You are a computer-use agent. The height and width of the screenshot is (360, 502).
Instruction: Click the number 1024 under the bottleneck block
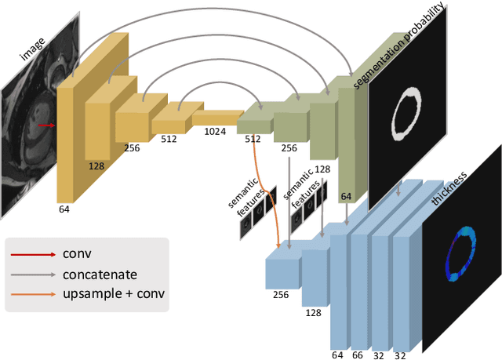(x=215, y=132)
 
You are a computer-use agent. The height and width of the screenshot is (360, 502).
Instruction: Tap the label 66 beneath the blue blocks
(x=358, y=355)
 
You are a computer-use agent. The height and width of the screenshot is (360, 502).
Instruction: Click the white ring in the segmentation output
(x=405, y=113)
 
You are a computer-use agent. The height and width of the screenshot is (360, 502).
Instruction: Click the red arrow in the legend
(x=32, y=254)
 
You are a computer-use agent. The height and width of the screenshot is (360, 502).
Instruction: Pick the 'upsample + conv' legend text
(x=113, y=295)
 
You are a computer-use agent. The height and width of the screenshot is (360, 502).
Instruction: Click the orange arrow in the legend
(x=32, y=295)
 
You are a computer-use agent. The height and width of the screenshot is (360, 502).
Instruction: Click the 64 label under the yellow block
(x=64, y=209)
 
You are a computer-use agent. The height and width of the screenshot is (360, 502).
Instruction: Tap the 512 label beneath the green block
(x=253, y=139)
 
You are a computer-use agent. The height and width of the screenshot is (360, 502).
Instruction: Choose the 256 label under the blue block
(x=280, y=295)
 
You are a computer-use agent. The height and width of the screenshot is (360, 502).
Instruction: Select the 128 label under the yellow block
(x=96, y=166)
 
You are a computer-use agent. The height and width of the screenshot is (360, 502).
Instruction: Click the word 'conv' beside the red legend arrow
(x=75, y=254)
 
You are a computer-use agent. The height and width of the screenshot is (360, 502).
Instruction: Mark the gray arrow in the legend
(x=32, y=275)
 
